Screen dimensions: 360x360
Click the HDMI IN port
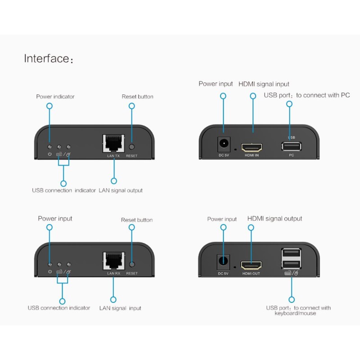point(252,147)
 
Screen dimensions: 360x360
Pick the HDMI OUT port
point(251,265)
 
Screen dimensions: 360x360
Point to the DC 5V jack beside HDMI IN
point(223,144)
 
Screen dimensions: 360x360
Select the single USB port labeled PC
point(291,146)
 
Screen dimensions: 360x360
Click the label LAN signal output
point(121,190)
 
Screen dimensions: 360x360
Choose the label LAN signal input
point(120,308)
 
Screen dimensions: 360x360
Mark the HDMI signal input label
point(264,84)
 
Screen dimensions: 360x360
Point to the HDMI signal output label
point(274,219)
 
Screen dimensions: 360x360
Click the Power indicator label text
point(55,97)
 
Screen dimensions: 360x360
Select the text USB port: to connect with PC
point(306,95)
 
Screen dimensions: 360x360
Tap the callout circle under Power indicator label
point(49,106)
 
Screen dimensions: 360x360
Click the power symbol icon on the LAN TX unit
point(50,155)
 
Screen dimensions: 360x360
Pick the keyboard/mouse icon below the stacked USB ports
point(291,273)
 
